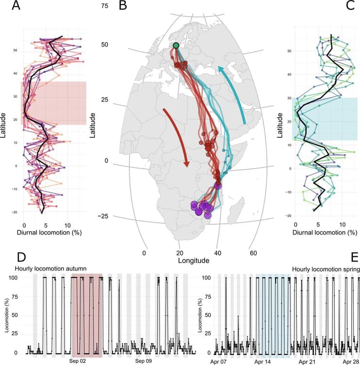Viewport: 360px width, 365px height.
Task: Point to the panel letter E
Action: click(353, 256)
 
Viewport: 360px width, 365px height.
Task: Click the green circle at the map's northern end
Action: click(176, 46)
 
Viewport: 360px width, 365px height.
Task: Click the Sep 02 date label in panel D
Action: click(77, 362)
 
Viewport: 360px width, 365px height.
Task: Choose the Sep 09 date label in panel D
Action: click(144, 362)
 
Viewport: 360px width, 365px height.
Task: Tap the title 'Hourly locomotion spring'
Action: click(325, 268)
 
